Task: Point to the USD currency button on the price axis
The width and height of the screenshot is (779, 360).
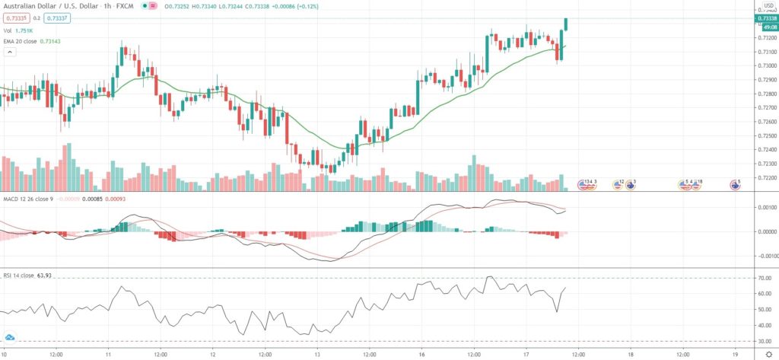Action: (x=768, y=5)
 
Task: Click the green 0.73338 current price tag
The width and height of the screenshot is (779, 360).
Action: (x=767, y=18)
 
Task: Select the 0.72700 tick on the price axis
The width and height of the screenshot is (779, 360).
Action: (x=766, y=107)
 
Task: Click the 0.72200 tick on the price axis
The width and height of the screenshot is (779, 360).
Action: (x=766, y=177)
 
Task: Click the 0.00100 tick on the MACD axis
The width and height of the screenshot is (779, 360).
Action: (x=766, y=207)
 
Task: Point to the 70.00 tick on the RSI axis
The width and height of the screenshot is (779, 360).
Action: (x=764, y=279)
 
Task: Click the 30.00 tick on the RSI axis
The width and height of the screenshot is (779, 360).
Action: (x=764, y=341)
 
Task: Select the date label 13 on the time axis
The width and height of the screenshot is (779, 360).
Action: (x=316, y=354)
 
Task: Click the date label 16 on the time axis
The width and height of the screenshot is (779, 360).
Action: (x=421, y=354)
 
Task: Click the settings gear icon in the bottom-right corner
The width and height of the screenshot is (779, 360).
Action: (x=768, y=354)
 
